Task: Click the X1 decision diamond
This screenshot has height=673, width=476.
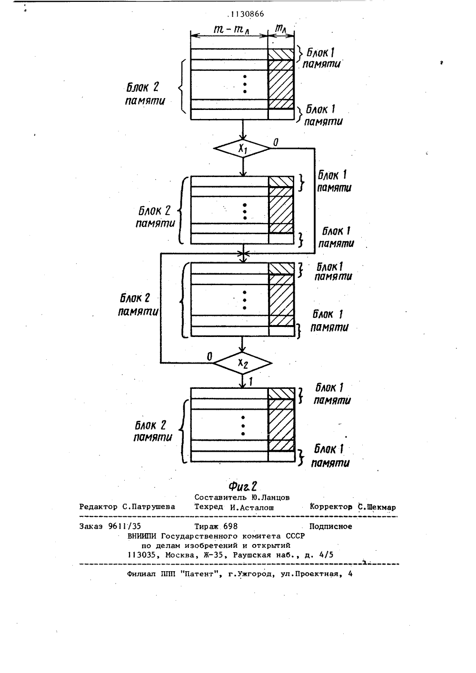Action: coord(242,148)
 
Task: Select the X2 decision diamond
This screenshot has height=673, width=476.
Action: coord(242,363)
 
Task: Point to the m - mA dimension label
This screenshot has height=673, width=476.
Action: coord(232,29)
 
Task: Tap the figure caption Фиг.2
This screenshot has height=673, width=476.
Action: coord(243,486)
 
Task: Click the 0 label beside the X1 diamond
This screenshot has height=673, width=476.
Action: coord(276,142)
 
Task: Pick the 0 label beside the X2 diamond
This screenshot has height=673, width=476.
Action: coord(209,356)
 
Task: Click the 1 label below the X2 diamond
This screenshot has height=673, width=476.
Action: coord(250,382)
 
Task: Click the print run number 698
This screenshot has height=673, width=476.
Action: coord(230,526)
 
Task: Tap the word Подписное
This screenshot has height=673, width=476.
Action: coord(331,526)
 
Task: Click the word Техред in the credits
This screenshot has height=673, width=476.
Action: coord(208,507)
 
